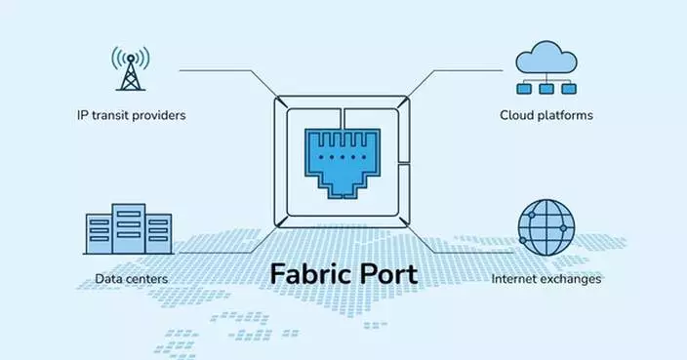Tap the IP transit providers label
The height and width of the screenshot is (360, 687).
tap(131, 115)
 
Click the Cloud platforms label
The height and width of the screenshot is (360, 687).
tap(546, 115)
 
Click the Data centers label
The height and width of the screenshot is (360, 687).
tap(132, 279)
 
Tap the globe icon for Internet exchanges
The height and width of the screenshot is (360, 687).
tap(546, 229)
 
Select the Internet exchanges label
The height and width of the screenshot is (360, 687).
tap(546, 279)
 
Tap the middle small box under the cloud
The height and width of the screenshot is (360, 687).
tap(546, 88)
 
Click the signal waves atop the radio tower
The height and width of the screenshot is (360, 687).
tap(130, 55)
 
